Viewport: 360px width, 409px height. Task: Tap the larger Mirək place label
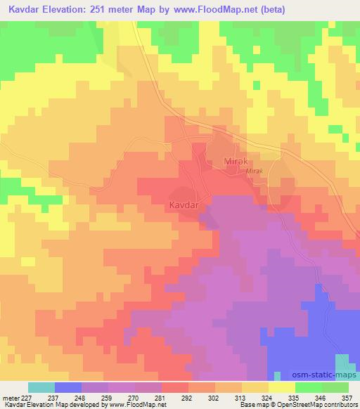(x=237, y=162)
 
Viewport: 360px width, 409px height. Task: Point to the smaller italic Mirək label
(x=254, y=171)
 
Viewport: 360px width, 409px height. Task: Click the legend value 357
(x=347, y=397)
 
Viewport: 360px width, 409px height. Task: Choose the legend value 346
(x=321, y=397)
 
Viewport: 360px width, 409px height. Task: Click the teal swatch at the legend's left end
(x=41, y=387)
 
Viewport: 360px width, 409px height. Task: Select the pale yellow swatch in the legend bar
(x=281, y=387)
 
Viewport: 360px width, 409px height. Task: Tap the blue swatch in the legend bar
(x=68, y=387)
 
